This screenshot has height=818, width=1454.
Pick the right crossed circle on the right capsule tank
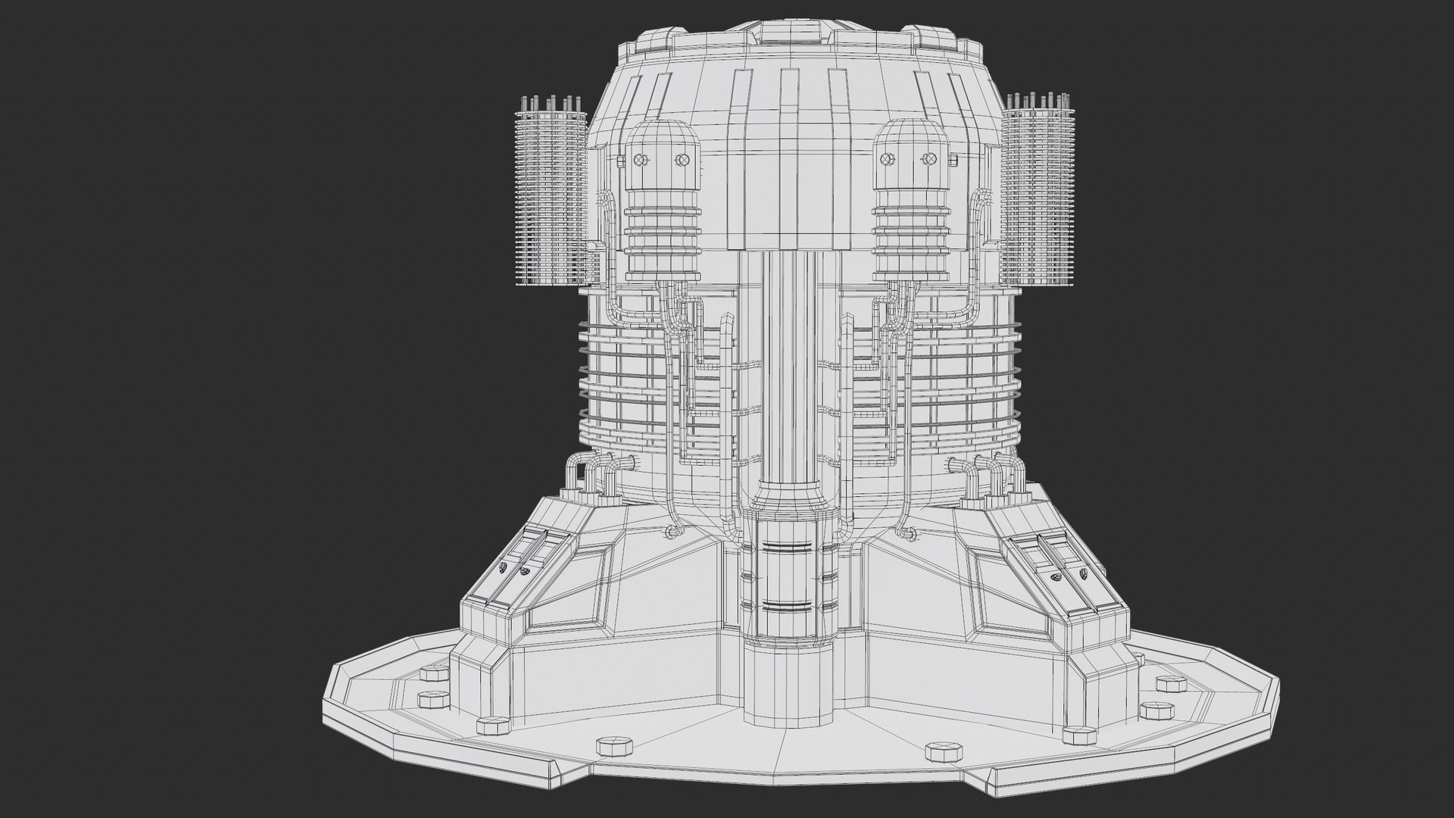(x=929, y=158)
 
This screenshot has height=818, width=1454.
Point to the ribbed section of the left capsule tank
(x=660, y=227)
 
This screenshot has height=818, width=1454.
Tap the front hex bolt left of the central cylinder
(x=614, y=746)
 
